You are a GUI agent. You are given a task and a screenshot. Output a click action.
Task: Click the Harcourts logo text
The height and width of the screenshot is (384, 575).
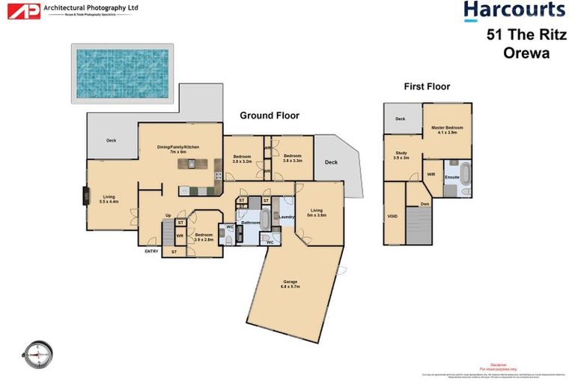(x=514, y=10)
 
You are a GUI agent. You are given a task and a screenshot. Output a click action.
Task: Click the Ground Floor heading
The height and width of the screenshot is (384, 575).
(x=269, y=115)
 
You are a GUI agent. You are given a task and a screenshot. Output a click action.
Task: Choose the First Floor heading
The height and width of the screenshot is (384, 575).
(x=427, y=87)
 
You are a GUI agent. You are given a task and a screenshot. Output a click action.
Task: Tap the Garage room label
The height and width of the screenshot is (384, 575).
(x=290, y=283)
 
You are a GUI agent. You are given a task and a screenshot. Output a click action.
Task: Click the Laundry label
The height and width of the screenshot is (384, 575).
(x=285, y=217)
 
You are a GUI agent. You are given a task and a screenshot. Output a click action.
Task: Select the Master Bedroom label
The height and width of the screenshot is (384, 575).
(x=447, y=130)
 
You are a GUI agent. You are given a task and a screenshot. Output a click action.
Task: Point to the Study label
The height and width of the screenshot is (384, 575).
(x=401, y=155)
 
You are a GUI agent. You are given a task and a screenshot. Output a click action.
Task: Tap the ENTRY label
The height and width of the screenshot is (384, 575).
(x=152, y=251)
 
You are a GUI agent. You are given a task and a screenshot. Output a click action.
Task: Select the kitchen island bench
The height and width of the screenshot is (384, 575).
(x=192, y=163)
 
